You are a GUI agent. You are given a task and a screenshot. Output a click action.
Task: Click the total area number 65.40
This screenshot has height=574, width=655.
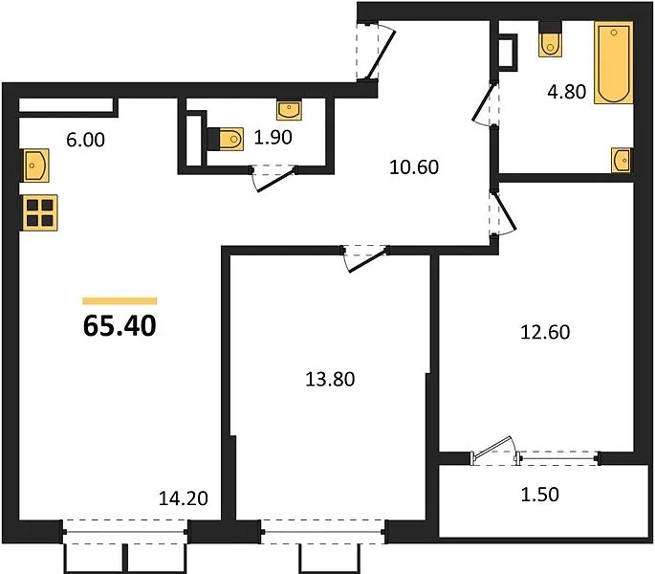tap(120, 325)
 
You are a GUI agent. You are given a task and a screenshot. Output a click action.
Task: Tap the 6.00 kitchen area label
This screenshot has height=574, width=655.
tap(85, 140)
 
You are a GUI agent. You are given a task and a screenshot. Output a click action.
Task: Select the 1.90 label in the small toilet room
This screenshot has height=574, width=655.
tap(273, 137)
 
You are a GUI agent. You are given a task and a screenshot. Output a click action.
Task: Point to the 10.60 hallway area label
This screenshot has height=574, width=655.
tap(414, 166)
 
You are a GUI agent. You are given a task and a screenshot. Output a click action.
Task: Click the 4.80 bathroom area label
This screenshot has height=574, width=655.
tap(567, 91)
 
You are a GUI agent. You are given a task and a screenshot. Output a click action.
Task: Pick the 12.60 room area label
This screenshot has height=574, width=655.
tap(545, 332)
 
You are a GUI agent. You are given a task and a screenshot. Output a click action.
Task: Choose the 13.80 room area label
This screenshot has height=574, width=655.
tap(330, 379)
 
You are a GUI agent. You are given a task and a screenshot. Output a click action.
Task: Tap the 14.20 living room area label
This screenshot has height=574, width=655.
tap(184, 498)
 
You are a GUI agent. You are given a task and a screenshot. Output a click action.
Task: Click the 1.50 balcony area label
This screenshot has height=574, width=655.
tap(539, 495)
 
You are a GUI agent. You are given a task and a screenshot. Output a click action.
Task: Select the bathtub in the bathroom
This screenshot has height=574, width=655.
tap(613, 63)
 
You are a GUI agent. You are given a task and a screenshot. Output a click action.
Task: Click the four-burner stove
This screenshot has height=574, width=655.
tap(40, 212)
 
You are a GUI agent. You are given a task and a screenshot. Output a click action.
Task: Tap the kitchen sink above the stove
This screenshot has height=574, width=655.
tap(36, 166)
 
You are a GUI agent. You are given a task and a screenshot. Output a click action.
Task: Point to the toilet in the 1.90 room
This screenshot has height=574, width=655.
tap(226, 139)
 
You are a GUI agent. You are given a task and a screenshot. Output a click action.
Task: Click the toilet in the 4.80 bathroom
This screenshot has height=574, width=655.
tap(551, 39)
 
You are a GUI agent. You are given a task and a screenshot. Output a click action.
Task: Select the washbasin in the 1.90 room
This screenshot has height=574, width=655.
tap(289, 109)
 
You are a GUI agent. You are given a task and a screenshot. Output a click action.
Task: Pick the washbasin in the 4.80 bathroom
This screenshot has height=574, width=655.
tap(622, 160)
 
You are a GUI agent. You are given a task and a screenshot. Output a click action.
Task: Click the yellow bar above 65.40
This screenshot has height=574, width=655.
tap(120, 301)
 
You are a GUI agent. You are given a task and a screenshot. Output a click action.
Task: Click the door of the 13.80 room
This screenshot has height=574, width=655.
tap(366, 260)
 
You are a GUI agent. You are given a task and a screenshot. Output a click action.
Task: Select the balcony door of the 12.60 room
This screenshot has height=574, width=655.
tap(492, 451)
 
